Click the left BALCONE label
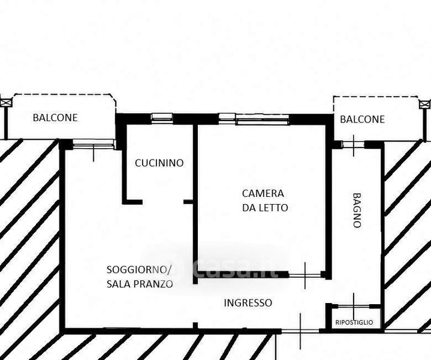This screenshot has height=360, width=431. pyautogui.click(x=55, y=118)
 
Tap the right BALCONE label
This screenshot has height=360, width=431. pyautogui.click(x=362, y=119)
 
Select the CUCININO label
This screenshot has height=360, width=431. pyautogui.click(x=159, y=163)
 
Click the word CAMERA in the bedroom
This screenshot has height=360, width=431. pyautogui.click(x=263, y=193)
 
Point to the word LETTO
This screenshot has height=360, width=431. pyautogui.click(x=273, y=208)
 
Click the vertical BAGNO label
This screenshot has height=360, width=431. pyautogui.click(x=357, y=210)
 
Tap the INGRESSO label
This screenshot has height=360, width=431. pyautogui.click(x=248, y=303)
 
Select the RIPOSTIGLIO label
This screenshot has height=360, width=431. pyautogui.click(x=354, y=322)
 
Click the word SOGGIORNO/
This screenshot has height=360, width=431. pyautogui.click(x=139, y=270)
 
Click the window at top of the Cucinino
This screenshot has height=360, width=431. pyautogui.click(x=162, y=117)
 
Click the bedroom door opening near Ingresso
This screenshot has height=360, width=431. pyautogui.click(x=305, y=275)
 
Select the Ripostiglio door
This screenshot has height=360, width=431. pyautogui.click(x=354, y=306)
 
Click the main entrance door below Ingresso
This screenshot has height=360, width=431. pyautogui.click(x=300, y=331)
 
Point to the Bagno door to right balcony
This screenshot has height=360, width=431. pyautogui.click(x=354, y=145)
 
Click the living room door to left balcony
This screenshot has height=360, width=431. pyautogui.click(x=94, y=143)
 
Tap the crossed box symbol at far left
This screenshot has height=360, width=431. pyautogui.click(x=6, y=103)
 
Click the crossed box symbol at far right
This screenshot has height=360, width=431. pyautogui.click(x=424, y=104)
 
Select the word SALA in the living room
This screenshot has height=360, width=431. pyautogui.click(x=118, y=284)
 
